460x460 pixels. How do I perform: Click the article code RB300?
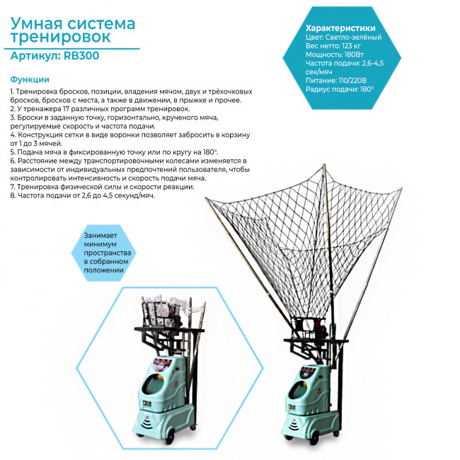(x=81, y=55)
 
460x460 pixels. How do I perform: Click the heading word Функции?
(x=30, y=79)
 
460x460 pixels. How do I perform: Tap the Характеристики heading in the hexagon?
(x=340, y=28)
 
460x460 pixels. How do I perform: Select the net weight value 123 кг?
(x=352, y=46)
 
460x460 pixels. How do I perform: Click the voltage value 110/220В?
(x=352, y=81)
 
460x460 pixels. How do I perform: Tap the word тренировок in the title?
(x=60, y=38)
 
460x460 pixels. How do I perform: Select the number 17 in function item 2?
(x=66, y=109)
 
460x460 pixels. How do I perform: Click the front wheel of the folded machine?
(x=170, y=437)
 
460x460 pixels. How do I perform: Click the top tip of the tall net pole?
(x=324, y=165)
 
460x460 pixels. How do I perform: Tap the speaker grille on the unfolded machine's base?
(x=294, y=426)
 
